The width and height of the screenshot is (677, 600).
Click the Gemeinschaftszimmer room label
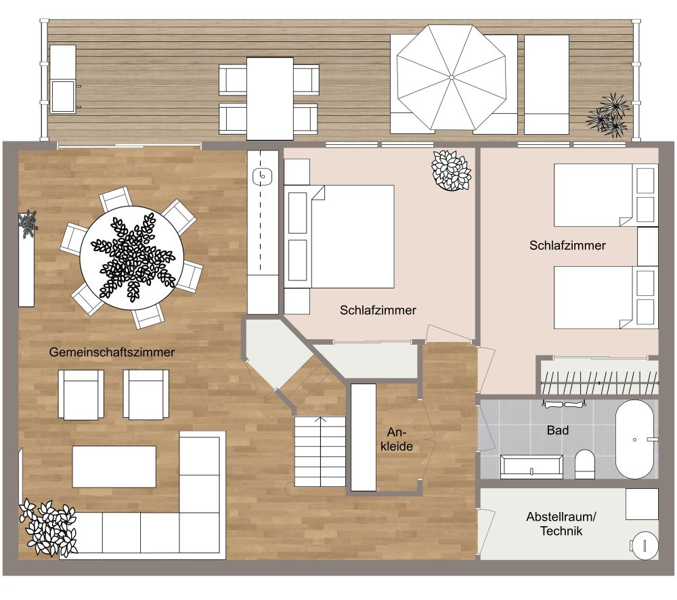click(x=112, y=352)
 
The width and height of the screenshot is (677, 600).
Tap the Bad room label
click(x=558, y=430)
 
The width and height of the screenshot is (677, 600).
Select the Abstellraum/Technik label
click(x=561, y=523)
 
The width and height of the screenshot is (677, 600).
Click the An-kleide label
click(x=399, y=439)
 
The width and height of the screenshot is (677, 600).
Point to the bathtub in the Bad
click(x=634, y=440)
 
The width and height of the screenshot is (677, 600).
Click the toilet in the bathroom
click(x=584, y=465)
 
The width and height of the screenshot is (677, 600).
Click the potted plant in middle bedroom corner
click(x=451, y=170)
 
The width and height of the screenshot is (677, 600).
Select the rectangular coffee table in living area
click(x=114, y=466)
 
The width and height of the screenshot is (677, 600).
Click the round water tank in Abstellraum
click(x=643, y=544)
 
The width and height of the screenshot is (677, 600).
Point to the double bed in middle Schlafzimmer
click(x=349, y=236)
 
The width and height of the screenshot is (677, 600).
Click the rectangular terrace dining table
click(x=269, y=98)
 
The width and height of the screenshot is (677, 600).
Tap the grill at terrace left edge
click(x=63, y=79)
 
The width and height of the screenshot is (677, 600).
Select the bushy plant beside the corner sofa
click(x=48, y=528)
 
